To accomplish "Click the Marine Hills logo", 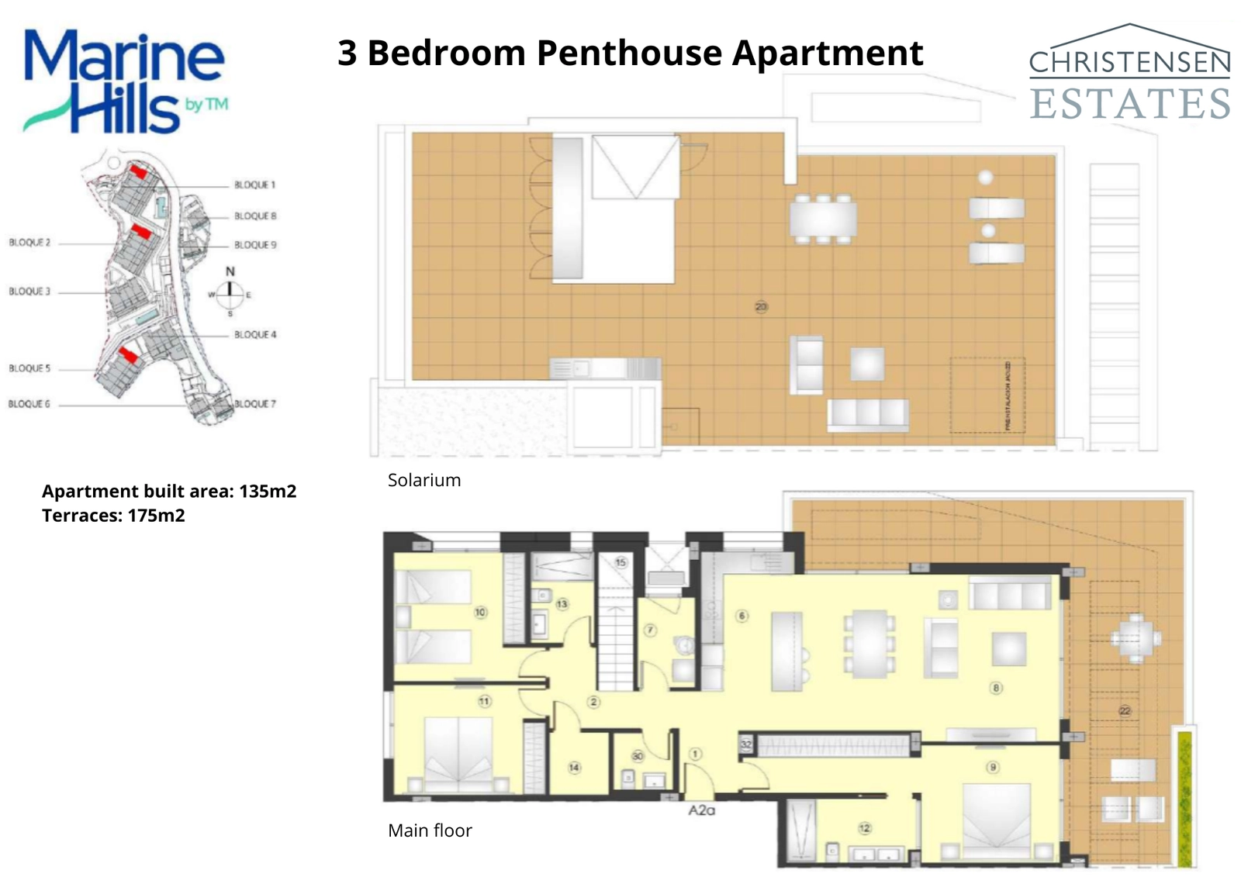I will [x=125, y=81].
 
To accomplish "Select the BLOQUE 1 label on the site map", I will [x=254, y=185].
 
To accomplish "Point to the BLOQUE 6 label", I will [x=29, y=404].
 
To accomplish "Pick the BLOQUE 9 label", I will [x=255, y=245].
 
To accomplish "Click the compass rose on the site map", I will [x=230, y=292].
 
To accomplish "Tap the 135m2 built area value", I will [x=268, y=492].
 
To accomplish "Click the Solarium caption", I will [x=424, y=481].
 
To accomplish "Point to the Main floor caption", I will [x=430, y=830].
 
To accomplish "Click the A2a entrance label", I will [x=701, y=810].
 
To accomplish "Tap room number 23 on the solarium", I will [x=761, y=307].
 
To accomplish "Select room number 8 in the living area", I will [x=996, y=688].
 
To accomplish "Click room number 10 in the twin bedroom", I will [x=480, y=613].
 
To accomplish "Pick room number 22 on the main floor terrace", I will [x=1125, y=710].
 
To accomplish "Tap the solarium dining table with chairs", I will [x=824, y=219].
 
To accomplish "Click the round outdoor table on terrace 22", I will [x=1136, y=638].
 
